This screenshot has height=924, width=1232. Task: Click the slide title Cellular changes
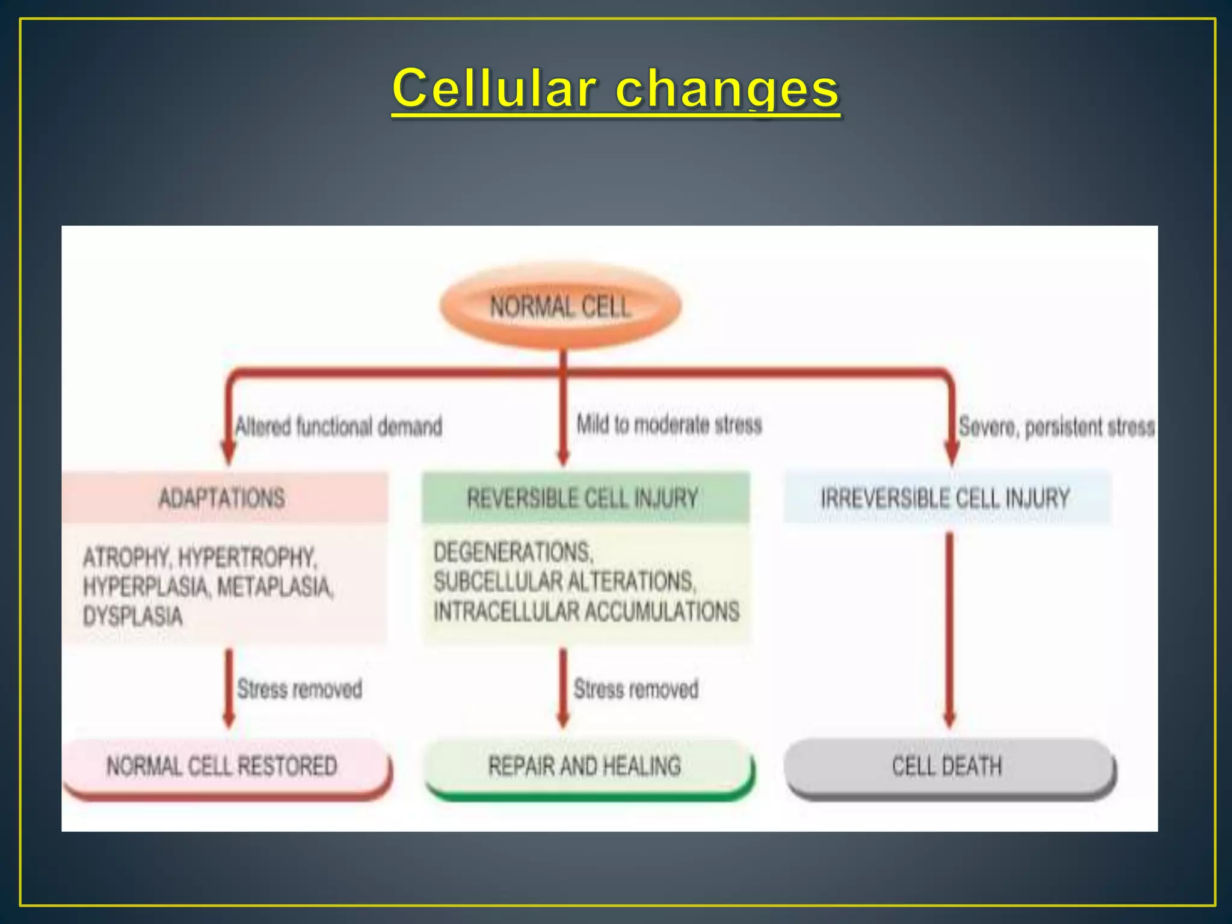tap(615, 89)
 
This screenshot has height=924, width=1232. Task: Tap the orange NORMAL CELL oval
tap(560, 306)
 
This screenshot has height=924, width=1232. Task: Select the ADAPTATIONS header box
tap(223, 498)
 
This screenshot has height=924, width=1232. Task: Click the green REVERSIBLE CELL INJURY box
tap(584, 498)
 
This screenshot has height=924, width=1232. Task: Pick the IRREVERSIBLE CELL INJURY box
tap(946, 498)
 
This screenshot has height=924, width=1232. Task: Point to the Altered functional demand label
tap(339, 427)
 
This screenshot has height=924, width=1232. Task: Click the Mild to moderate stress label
tap(669, 425)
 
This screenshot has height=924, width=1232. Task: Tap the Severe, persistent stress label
tap(1056, 427)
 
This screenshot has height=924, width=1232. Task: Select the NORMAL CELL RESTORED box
tap(223, 766)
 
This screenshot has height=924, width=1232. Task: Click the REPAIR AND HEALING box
tap(585, 766)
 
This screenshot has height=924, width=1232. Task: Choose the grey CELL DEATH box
tap(947, 766)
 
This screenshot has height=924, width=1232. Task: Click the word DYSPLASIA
tap(133, 616)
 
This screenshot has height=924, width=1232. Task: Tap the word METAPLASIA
tap(274, 587)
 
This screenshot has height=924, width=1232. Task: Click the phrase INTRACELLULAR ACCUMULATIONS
tap(587, 611)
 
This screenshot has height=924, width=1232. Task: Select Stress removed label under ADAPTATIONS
tap(300, 689)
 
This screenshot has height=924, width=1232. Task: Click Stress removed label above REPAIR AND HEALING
tap(636, 689)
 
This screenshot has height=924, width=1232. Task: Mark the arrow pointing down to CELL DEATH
tap(949, 632)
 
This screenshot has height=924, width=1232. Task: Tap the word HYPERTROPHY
tap(247, 558)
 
